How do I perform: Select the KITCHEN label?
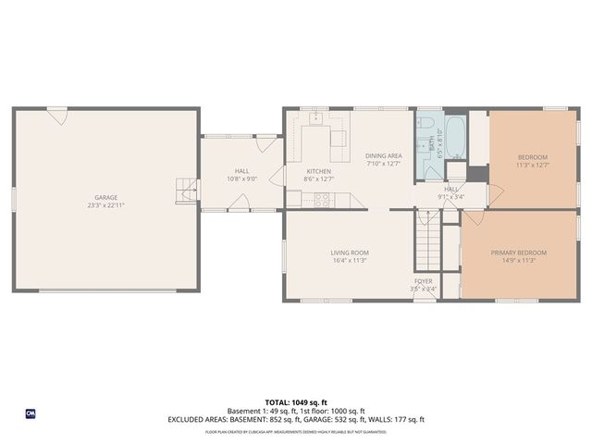point(318,171)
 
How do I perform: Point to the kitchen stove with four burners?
point(325,197)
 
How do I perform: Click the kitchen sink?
point(315,118)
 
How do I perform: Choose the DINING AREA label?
point(383,155)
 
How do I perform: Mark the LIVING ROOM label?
point(350,253)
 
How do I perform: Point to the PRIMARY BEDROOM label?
point(518,253)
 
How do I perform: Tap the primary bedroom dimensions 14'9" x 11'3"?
point(518,261)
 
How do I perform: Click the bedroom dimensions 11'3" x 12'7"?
point(532,166)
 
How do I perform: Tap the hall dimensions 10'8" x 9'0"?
point(241,179)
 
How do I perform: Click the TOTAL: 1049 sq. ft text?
point(296,402)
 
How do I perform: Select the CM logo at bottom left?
point(30,413)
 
